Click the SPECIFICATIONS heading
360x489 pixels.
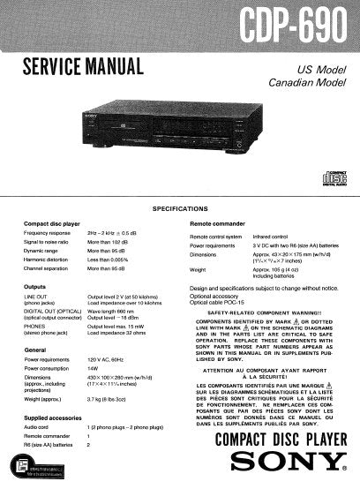(x=180, y=208)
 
